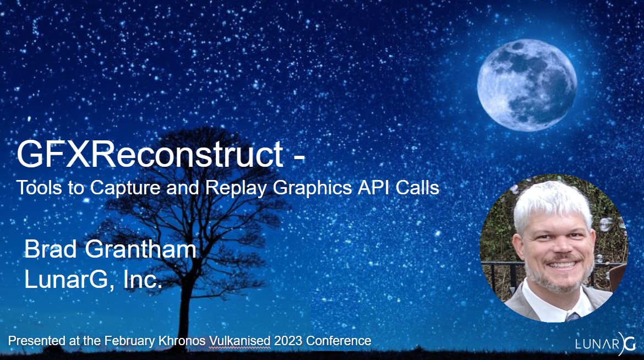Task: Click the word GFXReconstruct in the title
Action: (x=150, y=154)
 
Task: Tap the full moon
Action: (x=527, y=85)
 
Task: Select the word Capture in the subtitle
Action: (x=125, y=188)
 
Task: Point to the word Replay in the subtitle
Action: (x=236, y=189)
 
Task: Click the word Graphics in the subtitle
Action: (x=312, y=189)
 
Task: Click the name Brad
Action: (x=51, y=249)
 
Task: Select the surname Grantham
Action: (x=140, y=249)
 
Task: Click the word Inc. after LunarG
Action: (x=143, y=280)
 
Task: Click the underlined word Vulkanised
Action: (x=240, y=341)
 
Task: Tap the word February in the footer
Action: (x=130, y=341)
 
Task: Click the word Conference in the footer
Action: (x=339, y=341)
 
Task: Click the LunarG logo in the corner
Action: (x=605, y=343)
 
